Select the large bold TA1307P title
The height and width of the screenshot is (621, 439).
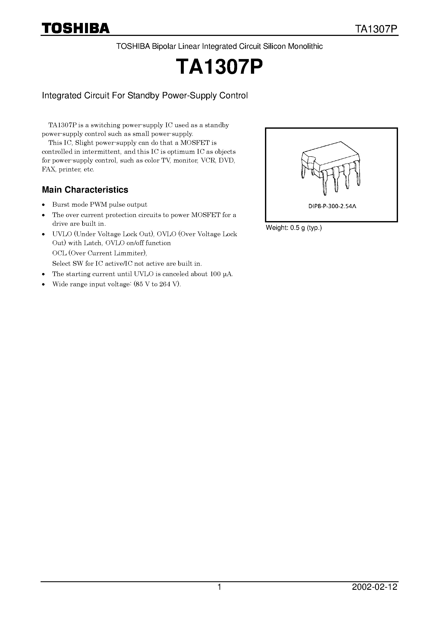pyautogui.click(x=219, y=67)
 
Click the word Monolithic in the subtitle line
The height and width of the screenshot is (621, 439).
pyautogui.click(x=305, y=47)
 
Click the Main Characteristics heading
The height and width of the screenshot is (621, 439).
pyautogui.click(x=85, y=190)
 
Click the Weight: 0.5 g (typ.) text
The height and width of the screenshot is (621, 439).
pyautogui.click(x=294, y=228)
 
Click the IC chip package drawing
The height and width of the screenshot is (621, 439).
pyautogui.click(x=331, y=168)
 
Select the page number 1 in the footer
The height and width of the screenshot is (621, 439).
pyautogui.click(x=219, y=594)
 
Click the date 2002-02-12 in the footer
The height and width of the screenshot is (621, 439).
pyautogui.click(x=375, y=594)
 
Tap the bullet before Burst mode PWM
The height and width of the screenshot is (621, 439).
pyautogui.click(x=43, y=205)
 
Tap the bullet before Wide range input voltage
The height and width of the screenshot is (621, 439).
pyautogui.click(x=43, y=285)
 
